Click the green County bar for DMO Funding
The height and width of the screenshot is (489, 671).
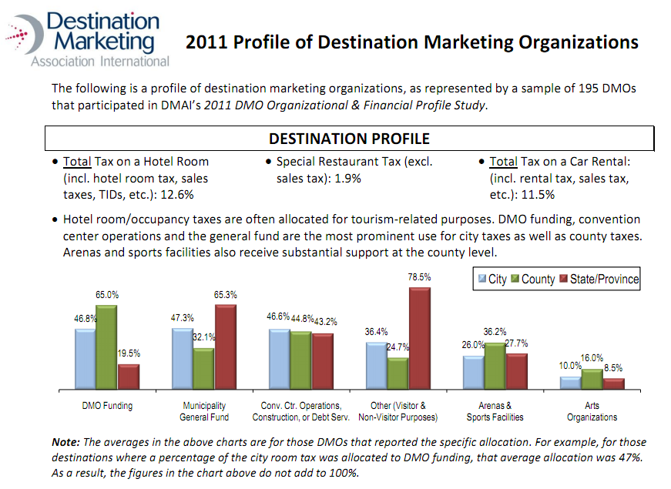(x=106, y=347)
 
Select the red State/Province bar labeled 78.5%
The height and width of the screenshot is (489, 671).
(x=420, y=338)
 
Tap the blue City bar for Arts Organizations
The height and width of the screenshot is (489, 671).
(x=570, y=383)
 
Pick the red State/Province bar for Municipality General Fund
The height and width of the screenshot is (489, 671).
(x=226, y=347)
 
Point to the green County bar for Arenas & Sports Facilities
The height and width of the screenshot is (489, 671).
(x=495, y=366)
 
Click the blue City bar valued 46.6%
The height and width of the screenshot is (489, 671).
(x=280, y=359)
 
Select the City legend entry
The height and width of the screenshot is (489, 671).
(x=492, y=279)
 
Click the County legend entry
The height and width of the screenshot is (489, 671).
(x=533, y=279)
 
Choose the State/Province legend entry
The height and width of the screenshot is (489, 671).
(x=599, y=279)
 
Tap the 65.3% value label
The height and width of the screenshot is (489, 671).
(x=226, y=295)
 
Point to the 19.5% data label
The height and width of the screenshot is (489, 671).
(x=129, y=353)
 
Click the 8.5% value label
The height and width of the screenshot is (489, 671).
(x=613, y=368)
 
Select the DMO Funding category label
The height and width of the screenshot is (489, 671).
(x=107, y=406)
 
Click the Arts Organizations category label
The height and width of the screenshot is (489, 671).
(x=592, y=411)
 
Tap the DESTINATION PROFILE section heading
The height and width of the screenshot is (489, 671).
(x=349, y=139)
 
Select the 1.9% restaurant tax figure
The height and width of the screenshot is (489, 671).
(x=348, y=178)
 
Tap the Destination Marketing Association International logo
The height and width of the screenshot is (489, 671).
(x=87, y=39)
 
